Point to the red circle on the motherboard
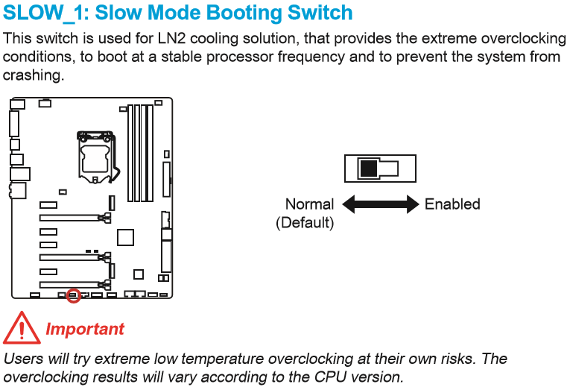[x=73, y=295]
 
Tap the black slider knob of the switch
[x=369, y=169]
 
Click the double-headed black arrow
[x=380, y=204]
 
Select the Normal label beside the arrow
[x=309, y=204]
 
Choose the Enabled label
[x=452, y=204]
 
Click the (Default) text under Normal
[x=305, y=222]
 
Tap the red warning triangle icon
[x=21, y=328]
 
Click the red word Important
[x=85, y=329]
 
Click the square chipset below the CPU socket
[x=125, y=237]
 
